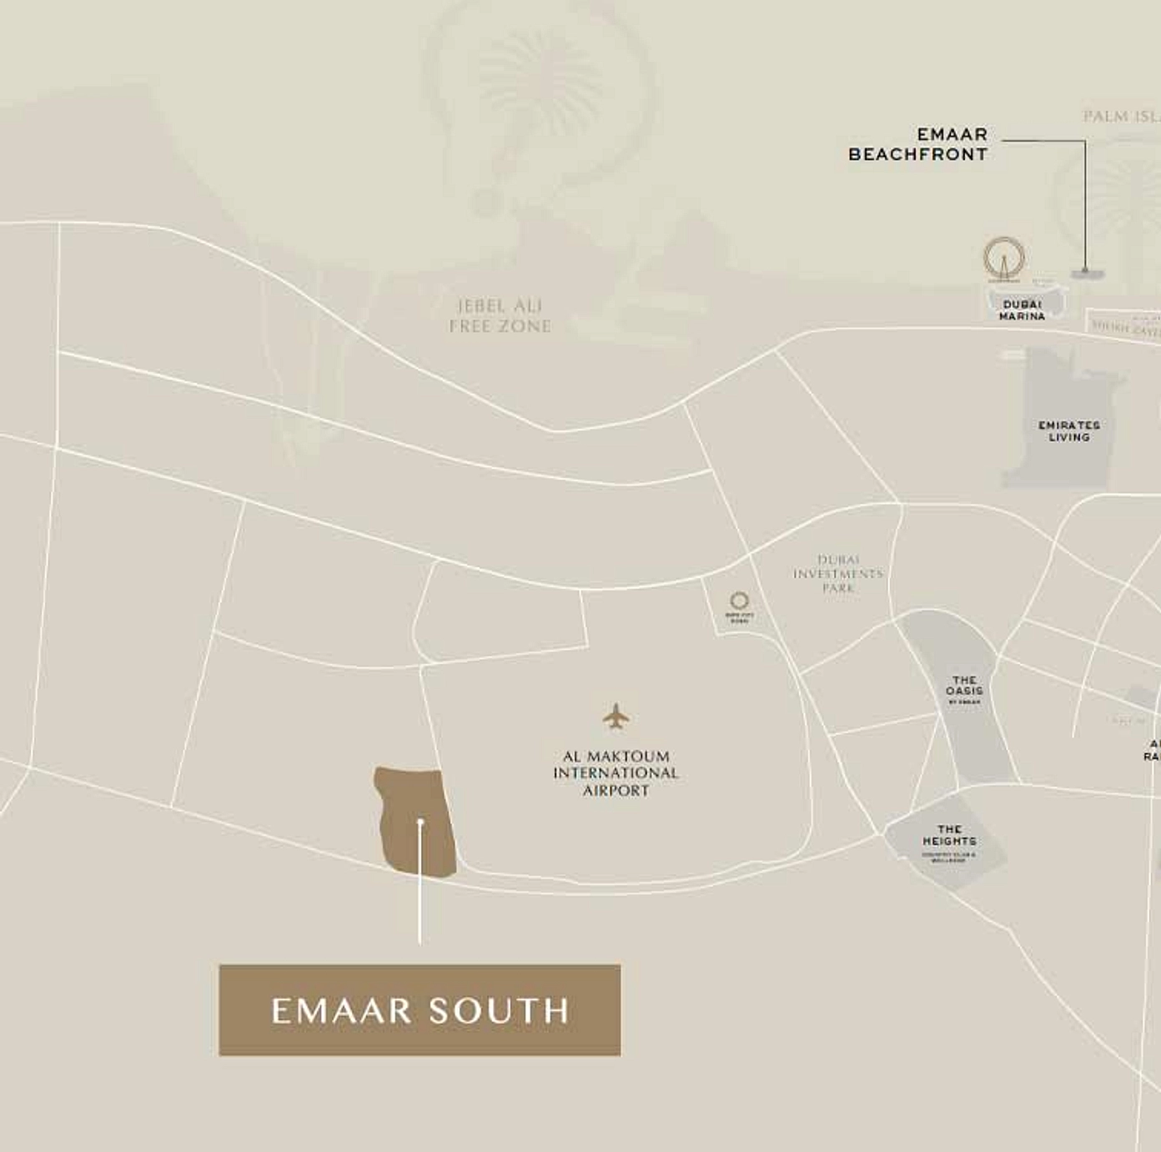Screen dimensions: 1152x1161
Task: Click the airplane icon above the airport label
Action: [x=616, y=716]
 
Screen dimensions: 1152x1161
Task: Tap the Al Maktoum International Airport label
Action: [x=616, y=773]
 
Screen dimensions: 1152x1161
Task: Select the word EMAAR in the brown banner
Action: [x=341, y=1011]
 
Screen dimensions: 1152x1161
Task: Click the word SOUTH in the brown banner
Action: [x=499, y=1011]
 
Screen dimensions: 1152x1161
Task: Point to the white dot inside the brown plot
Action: [x=420, y=822]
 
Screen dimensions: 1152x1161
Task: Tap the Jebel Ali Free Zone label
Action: [x=500, y=316]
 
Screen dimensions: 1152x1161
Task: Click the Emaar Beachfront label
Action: [x=917, y=144]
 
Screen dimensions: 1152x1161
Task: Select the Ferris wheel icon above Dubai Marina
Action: [x=1003, y=258]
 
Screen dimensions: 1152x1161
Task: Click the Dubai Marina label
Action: [x=1022, y=310]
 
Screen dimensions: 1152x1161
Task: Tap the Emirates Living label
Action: [x=1069, y=431]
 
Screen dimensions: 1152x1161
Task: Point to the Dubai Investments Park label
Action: [x=837, y=574]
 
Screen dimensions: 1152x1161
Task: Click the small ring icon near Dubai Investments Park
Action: [x=739, y=601]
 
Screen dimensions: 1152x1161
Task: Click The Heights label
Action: [x=949, y=837]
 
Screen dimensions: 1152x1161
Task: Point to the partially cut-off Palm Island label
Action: [x=1122, y=117]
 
